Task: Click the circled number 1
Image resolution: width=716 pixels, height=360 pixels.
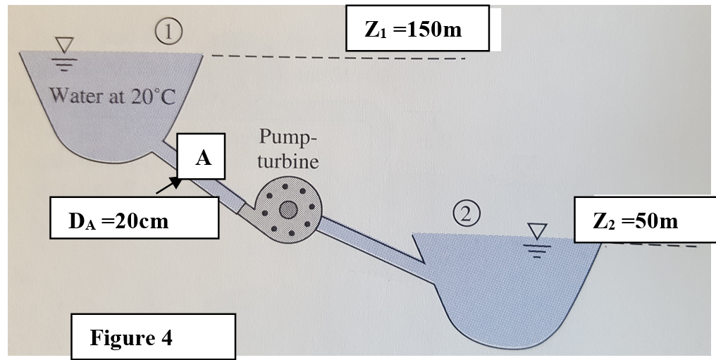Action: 168,31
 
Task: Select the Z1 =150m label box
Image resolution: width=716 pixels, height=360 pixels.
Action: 417,28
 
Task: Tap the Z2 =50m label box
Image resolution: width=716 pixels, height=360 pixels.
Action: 636,221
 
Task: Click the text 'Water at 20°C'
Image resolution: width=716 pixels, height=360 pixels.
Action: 112,96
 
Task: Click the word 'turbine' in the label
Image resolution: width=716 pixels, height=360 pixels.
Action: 288,161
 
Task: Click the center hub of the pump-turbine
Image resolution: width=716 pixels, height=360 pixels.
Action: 288,209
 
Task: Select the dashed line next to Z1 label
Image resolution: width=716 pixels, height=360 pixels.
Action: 338,57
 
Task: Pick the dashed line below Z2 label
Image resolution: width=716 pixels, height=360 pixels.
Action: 655,245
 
